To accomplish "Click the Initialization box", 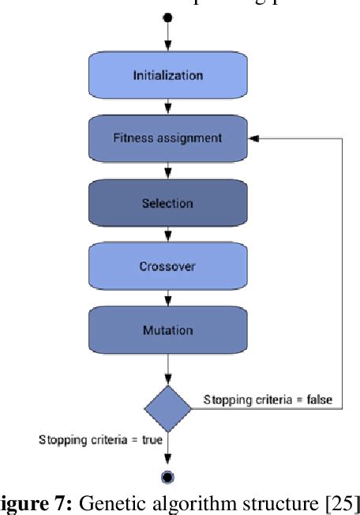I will (167, 76).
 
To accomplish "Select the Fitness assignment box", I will (167, 137).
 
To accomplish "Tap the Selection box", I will (167, 203).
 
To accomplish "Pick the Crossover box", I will (167, 266).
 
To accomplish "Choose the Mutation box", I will (167, 329).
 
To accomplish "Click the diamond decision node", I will (167, 408).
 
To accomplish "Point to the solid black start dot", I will (167, 17).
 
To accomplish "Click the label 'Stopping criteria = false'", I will (266, 400).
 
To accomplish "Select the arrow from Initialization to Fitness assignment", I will (167, 106).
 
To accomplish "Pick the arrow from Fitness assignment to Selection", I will (167, 170).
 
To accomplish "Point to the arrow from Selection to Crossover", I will (167, 235).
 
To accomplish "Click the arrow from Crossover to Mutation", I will (167, 298).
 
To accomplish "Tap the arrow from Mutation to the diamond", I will (167, 370).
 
